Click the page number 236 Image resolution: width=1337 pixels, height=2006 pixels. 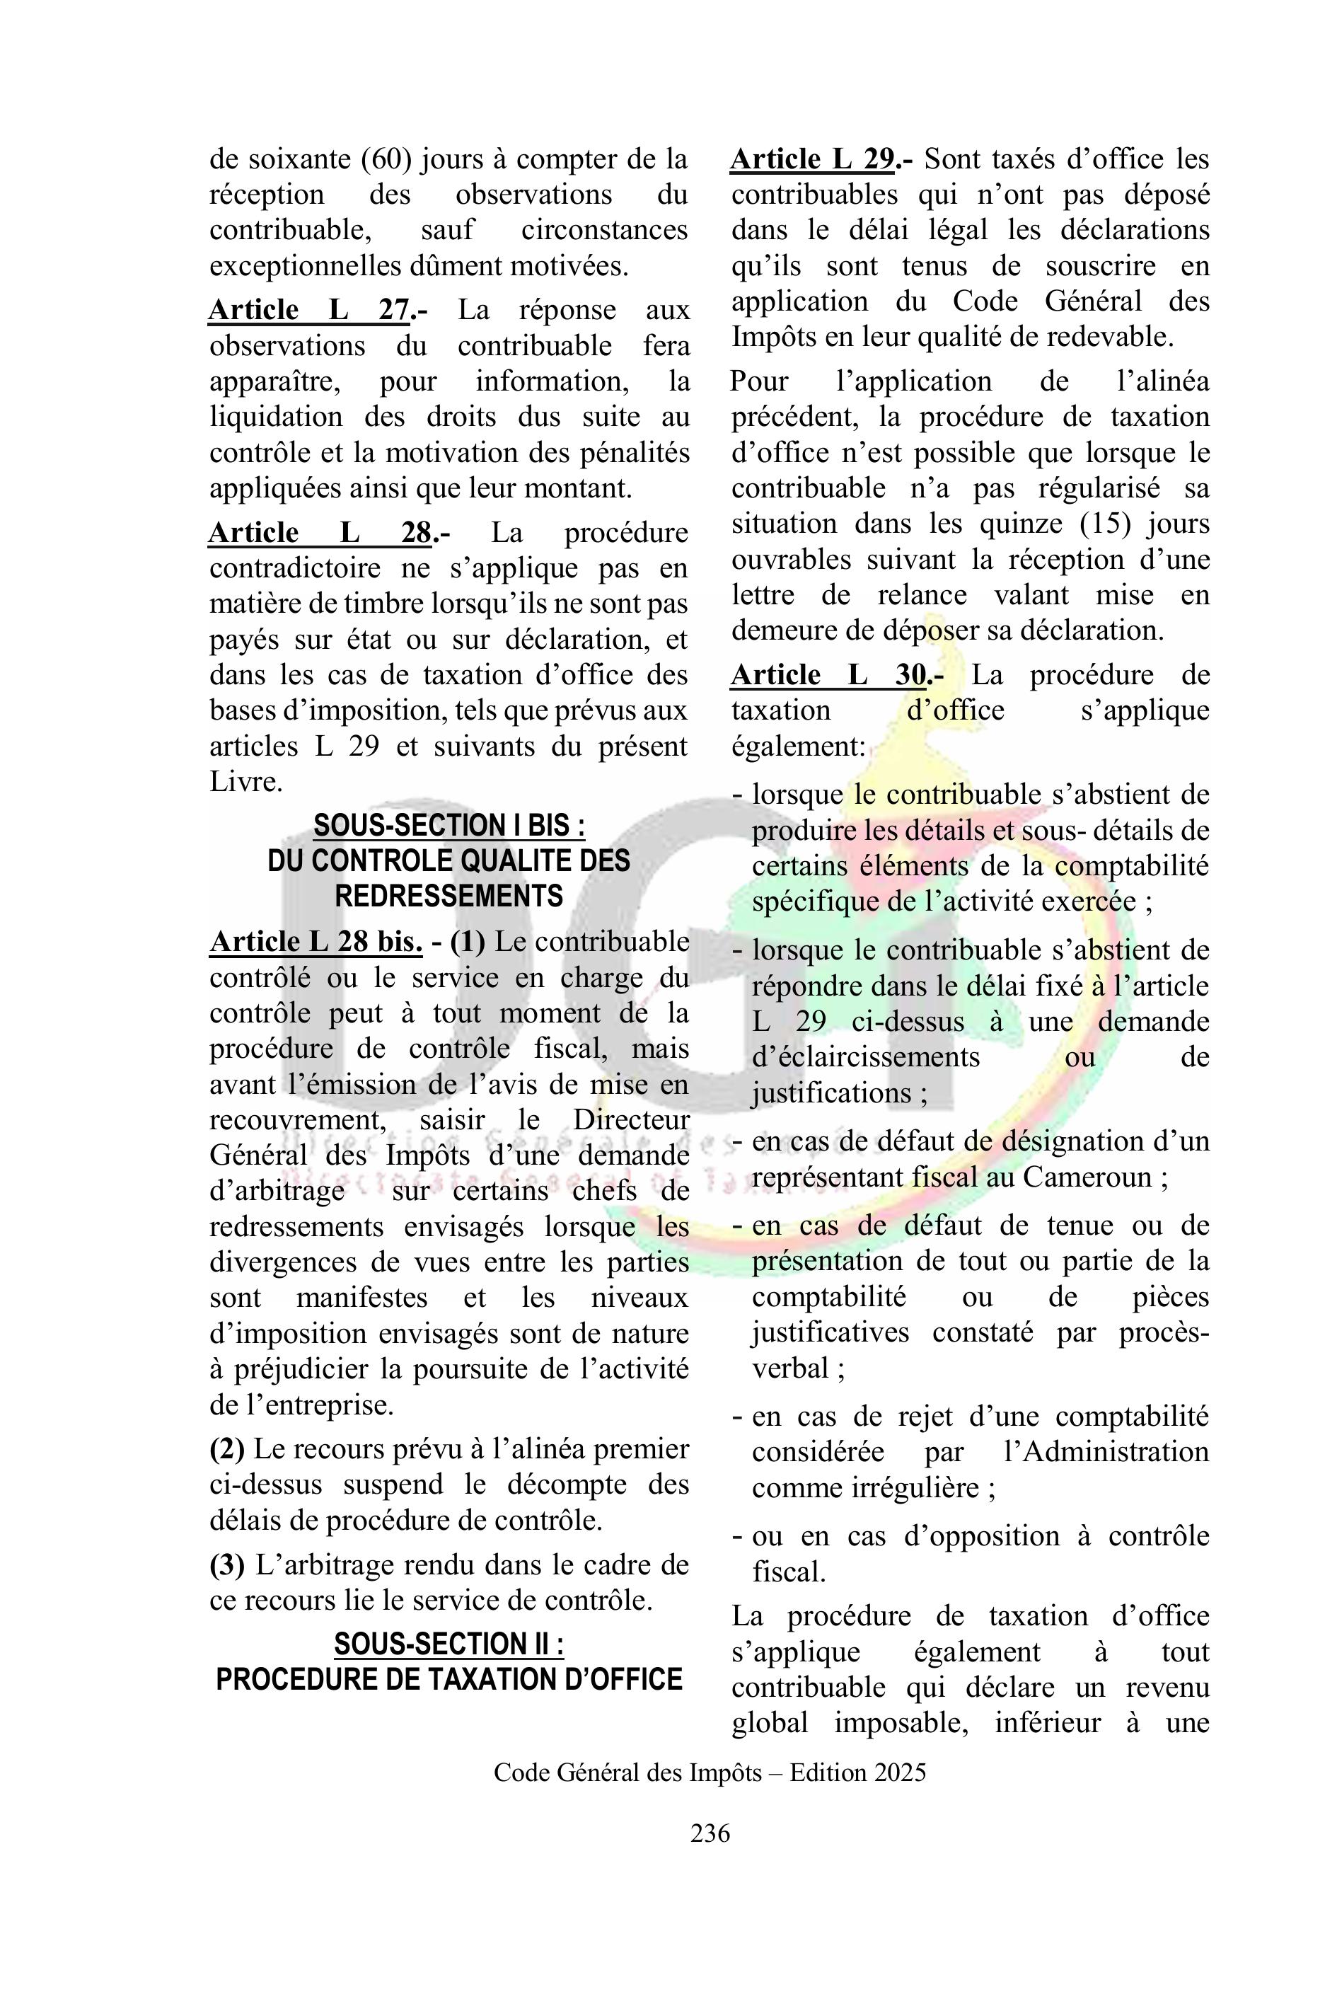click(x=710, y=1833)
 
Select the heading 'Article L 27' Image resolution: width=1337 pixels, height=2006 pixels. click(x=308, y=310)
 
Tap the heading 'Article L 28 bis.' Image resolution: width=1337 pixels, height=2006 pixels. click(x=316, y=942)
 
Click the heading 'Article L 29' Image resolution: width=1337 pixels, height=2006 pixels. click(x=812, y=159)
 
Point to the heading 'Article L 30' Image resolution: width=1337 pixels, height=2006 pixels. click(x=828, y=676)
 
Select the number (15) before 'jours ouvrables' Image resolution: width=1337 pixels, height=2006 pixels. click(x=1104, y=524)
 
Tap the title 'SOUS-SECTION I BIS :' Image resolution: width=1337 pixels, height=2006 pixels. click(x=449, y=826)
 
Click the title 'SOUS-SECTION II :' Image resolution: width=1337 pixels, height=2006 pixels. click(x=448, y=1644)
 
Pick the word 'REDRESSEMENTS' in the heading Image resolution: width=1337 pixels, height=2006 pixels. click(x=449, y=897)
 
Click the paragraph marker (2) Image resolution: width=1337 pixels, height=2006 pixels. click(x=228, y=1449)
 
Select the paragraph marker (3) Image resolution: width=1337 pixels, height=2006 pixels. click(x=228, y=1565)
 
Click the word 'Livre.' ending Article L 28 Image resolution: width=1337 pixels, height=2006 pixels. click(x=246, y=782)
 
